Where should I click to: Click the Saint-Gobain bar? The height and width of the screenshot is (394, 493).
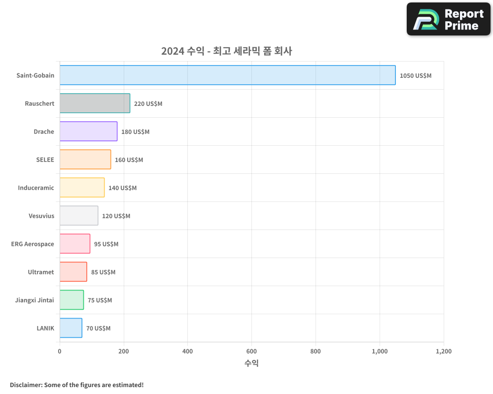tap(227, 75)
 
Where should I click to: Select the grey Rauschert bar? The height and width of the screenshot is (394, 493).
tap(95, 103)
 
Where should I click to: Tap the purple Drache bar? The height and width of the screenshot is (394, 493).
tap(88, 131)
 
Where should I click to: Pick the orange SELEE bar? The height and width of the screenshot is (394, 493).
tap(85, 160)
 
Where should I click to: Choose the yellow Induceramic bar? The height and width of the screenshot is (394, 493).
tap(82, 188)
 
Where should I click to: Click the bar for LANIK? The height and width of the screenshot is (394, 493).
tap(71, 328)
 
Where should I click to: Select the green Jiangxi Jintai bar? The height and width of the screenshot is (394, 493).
tap(71, 300)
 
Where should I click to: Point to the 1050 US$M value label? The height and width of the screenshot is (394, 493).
tap(415, 76)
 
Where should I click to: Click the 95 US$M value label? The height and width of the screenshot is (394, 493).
tap(106, 244)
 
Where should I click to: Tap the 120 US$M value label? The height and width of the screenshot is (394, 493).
tap(116, 216)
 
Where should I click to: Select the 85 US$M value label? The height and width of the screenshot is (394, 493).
tap(103, 272)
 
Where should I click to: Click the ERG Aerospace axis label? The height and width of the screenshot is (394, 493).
tap(33, 244)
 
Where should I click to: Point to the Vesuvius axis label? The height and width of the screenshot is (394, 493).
tap(41, 216)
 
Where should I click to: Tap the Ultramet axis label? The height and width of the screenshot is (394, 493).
tap(41, 272)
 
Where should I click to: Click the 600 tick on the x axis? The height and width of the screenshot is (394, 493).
tap(251, 352)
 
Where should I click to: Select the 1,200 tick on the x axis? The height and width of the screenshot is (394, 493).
tap(443, 352)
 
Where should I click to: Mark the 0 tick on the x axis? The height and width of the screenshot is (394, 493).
tap(60, 352)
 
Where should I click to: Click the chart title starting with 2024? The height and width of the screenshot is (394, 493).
tap(226, 51)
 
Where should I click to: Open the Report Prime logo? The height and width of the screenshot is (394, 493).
tap(448, 19)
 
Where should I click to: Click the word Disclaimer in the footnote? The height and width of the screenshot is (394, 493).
tap(25, 385)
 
